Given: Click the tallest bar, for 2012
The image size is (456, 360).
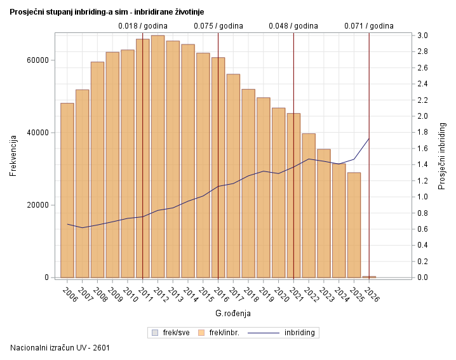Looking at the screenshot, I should point(158,156).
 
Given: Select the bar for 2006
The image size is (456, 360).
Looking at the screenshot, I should point(67,190).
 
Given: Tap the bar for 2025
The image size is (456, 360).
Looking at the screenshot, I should point(354,225).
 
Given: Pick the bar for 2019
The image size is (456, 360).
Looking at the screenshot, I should point(264,187).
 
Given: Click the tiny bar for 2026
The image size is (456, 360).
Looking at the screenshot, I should point(369,277).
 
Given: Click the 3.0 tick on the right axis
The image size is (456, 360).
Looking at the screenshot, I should point(422,36).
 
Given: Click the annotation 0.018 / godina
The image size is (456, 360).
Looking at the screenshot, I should point(143,26).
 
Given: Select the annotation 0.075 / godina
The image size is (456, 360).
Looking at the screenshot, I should point(218,26).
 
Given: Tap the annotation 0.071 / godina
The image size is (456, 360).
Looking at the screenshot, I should point(369,26).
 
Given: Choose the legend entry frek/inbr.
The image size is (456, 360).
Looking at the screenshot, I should point(219,333).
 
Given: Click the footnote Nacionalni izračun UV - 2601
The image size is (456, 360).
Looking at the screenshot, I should point(61,348).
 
